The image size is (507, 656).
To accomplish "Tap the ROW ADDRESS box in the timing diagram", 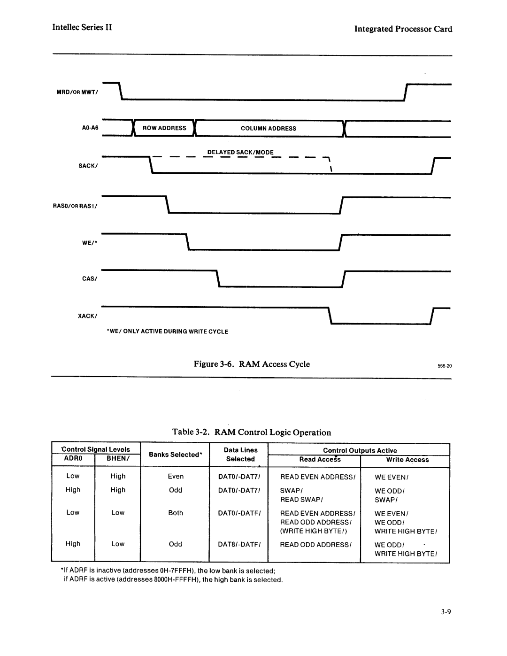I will (165, 128).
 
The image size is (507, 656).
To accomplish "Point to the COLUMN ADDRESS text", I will (269, 128).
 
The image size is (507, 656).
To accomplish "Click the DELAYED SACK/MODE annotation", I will (241, 153).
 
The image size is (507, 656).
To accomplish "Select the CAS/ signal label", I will (89, 279).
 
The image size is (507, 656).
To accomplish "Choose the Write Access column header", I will (407, 460).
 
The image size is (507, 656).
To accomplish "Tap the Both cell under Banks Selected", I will (176, 513).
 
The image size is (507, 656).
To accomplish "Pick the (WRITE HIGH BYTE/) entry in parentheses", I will (314, 531).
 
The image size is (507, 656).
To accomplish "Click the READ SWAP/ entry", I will (302, 500).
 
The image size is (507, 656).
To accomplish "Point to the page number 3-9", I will (445, 612).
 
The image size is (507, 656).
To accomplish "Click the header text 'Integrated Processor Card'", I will (403, 29).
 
